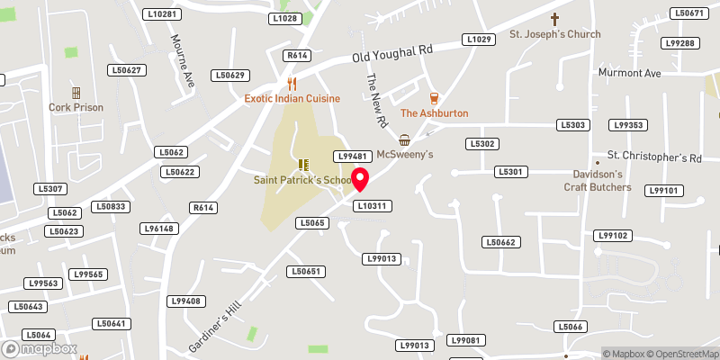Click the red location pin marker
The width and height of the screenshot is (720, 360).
tap(361, 180)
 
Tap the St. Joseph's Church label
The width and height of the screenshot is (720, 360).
tap(555, 34)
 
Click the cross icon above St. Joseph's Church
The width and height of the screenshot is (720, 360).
tap(555, 18)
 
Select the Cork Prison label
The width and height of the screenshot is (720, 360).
tap(76, 107)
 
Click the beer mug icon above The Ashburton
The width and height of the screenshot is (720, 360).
tap(434, 98)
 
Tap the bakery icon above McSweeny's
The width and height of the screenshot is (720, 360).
tap(405, 140)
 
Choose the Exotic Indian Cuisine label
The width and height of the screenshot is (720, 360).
tap(292, 98)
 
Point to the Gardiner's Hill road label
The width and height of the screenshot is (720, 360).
tap(218, 326)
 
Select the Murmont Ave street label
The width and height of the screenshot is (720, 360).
tap(630, 72)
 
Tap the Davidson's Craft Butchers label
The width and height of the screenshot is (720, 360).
tap(598, 180)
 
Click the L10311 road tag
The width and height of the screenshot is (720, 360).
tap(372, 206)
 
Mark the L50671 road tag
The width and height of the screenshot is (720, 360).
tap(688, 13)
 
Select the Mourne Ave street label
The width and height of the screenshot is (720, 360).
tap(184, 60)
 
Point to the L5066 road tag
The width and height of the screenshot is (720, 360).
tap(571, 327)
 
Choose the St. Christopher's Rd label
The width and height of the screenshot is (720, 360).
tap(653, 157)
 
